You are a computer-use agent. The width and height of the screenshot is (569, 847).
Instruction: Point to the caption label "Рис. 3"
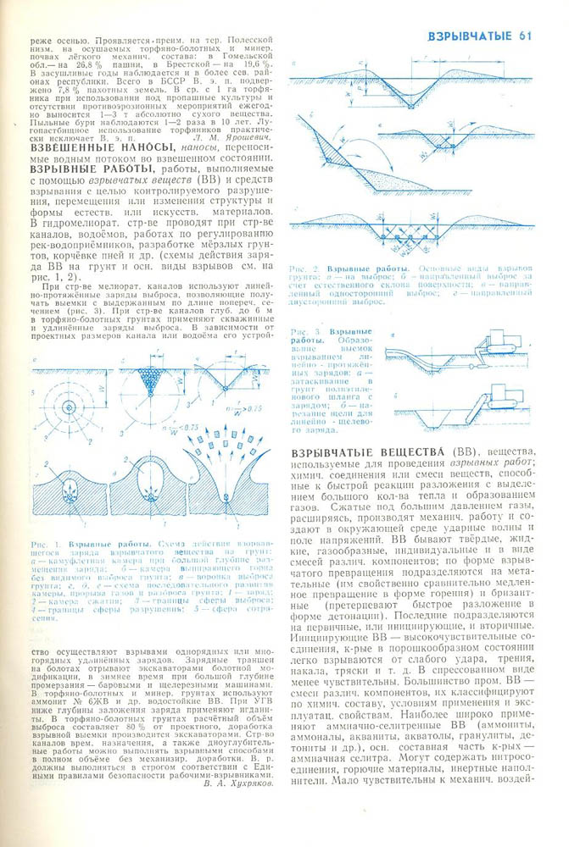click(302, 331)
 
